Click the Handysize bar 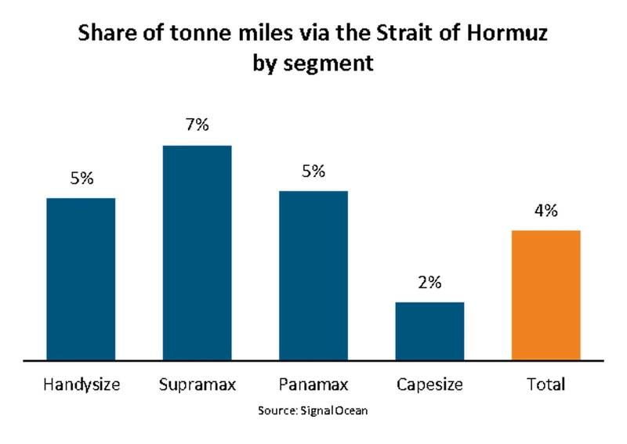point(81,279)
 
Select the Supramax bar point(197,253)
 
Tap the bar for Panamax point(313,276)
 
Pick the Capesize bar point(429,331)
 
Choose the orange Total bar point(545,295)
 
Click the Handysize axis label point(81,385)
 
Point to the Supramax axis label point(197,385)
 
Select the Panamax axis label point(313,384)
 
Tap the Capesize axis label point(429,385)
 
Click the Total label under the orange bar point(546,384)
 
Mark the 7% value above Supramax point(198,125)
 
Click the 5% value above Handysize point(82,178)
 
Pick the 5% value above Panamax point(313,171)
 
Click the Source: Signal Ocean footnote point(313,410)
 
